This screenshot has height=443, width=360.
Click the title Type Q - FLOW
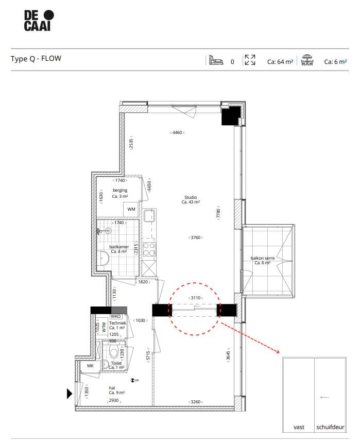click(36, 59)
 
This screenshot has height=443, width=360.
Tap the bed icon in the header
click(215, 61)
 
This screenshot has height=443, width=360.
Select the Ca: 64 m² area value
click(280, 62)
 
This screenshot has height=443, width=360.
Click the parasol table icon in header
click(308, 60)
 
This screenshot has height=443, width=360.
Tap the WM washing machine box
click(131, 209)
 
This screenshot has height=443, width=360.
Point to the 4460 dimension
click(177, 133)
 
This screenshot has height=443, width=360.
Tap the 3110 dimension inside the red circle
click(196, 298)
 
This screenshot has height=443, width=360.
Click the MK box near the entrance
click(90, 366)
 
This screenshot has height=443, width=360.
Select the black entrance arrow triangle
click(70, 394)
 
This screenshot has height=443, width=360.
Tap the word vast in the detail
click(299, 427)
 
